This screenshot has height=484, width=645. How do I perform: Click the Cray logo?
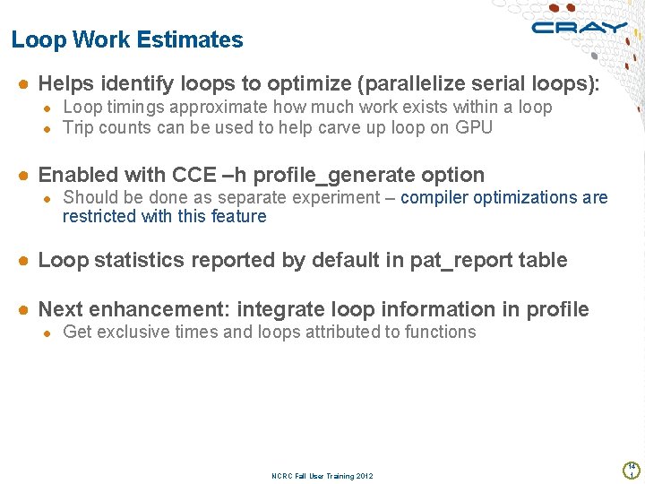pyautogui.click(x=579, y=28)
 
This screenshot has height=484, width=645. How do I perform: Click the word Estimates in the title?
pyautogui.click(x=198, y=40)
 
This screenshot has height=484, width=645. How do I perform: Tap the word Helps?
pyautogui.click(x=66, y=84)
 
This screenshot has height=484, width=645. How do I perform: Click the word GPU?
pyautogui.click(x=474, y=127)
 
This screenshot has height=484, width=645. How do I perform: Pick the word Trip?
pyautogui.click(x=78, y=127)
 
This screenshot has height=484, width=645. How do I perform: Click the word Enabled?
pyautogui.click(x=78, y=175)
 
